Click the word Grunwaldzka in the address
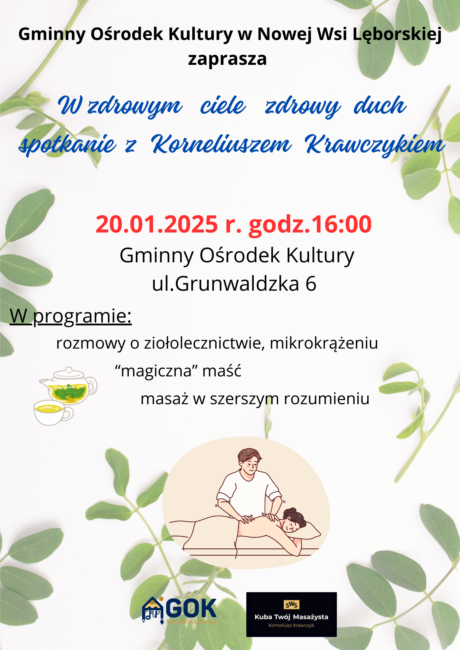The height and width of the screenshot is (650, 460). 237,283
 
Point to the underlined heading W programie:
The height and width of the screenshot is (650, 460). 71,316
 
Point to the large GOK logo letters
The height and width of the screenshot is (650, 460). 191,608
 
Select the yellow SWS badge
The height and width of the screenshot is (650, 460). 292,605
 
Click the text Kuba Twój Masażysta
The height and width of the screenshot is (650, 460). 291,617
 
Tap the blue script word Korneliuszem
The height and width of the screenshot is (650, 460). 221,144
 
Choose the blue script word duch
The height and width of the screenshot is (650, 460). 380,105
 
